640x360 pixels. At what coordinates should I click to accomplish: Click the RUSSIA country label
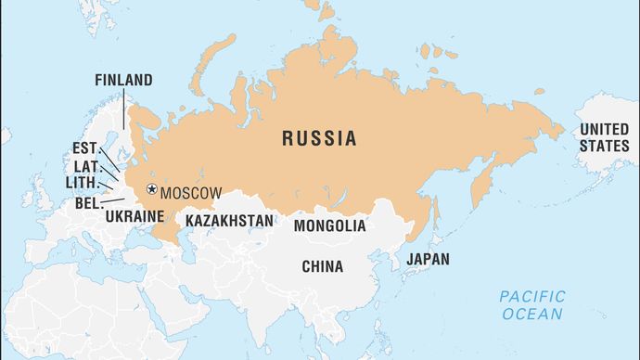(x=319, y=139)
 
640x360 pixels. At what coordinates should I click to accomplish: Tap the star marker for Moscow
(x=151, y=190)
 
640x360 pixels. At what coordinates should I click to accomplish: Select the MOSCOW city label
(x=191, y=193)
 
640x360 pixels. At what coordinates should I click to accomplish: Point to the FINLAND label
(x=123, y=81)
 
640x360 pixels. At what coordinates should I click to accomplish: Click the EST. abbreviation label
(x=84, y=148)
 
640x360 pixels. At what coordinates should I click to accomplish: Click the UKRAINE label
(x=134, y=216)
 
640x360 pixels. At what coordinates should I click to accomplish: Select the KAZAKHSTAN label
(x=229, y=221)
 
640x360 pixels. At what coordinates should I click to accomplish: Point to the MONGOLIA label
(x=329, y=225)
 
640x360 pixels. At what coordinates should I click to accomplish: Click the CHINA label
(x=322, y=266)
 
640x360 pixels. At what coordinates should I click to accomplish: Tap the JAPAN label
(x=428, y=260)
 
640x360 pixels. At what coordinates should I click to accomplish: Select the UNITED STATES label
(x=604, y=138)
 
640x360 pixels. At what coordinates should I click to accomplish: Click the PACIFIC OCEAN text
(x=532, y=305)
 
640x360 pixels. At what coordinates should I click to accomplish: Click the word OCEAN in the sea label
(x=532, y=315)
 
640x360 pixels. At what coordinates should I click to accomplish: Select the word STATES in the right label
(x=604, y=147)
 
